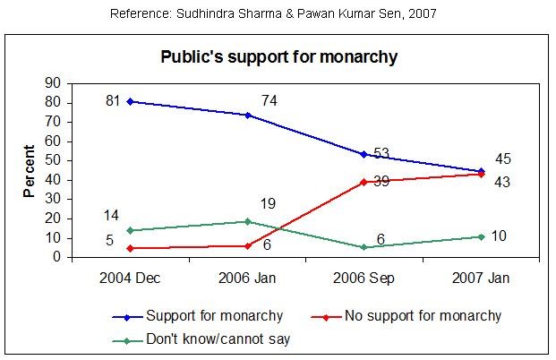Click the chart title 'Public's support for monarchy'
[278, 57]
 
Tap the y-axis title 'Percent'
[30, 170]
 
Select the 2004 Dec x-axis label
[131, 278]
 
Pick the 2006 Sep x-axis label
[364, 278]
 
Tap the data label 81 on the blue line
[112, 101]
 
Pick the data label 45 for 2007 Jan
[502, 159]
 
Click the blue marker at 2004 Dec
[131, 101]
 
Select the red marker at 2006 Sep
[364, 182]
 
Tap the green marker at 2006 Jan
[247, 220]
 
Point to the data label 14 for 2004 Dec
[111, 216]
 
